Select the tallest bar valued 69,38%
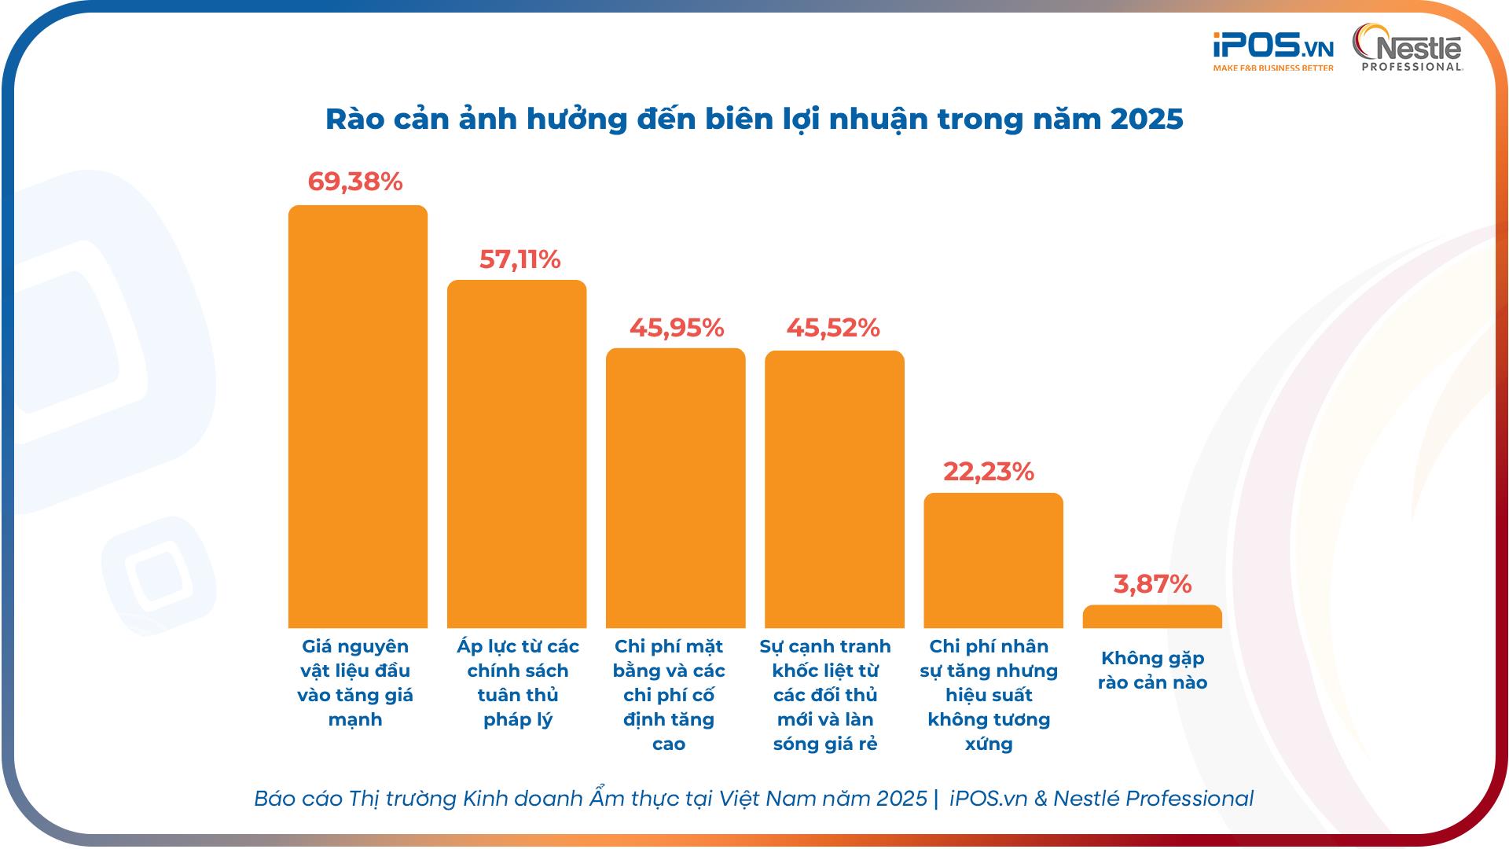(x=358, y=417)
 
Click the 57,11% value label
(x=520, y=259)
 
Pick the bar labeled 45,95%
(x=675, y=487)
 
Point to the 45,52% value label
(x=833, y=328)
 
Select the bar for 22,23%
(x=993, y=560)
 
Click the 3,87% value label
(x=1152, y=584)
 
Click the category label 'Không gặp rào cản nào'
(x=1152, y=671)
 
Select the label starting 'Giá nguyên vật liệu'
(x=355, y=682)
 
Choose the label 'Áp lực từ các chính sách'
(x=517, y=682)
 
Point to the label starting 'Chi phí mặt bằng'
(x=669, y=695)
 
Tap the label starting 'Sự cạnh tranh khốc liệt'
(x=825, y=695)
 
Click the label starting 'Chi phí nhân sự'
(x=989, y=695)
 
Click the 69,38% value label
(x=355, y=182)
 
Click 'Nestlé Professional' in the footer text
(x=1153, y=799)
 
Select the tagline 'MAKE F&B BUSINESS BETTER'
(x=1272, y=68)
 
